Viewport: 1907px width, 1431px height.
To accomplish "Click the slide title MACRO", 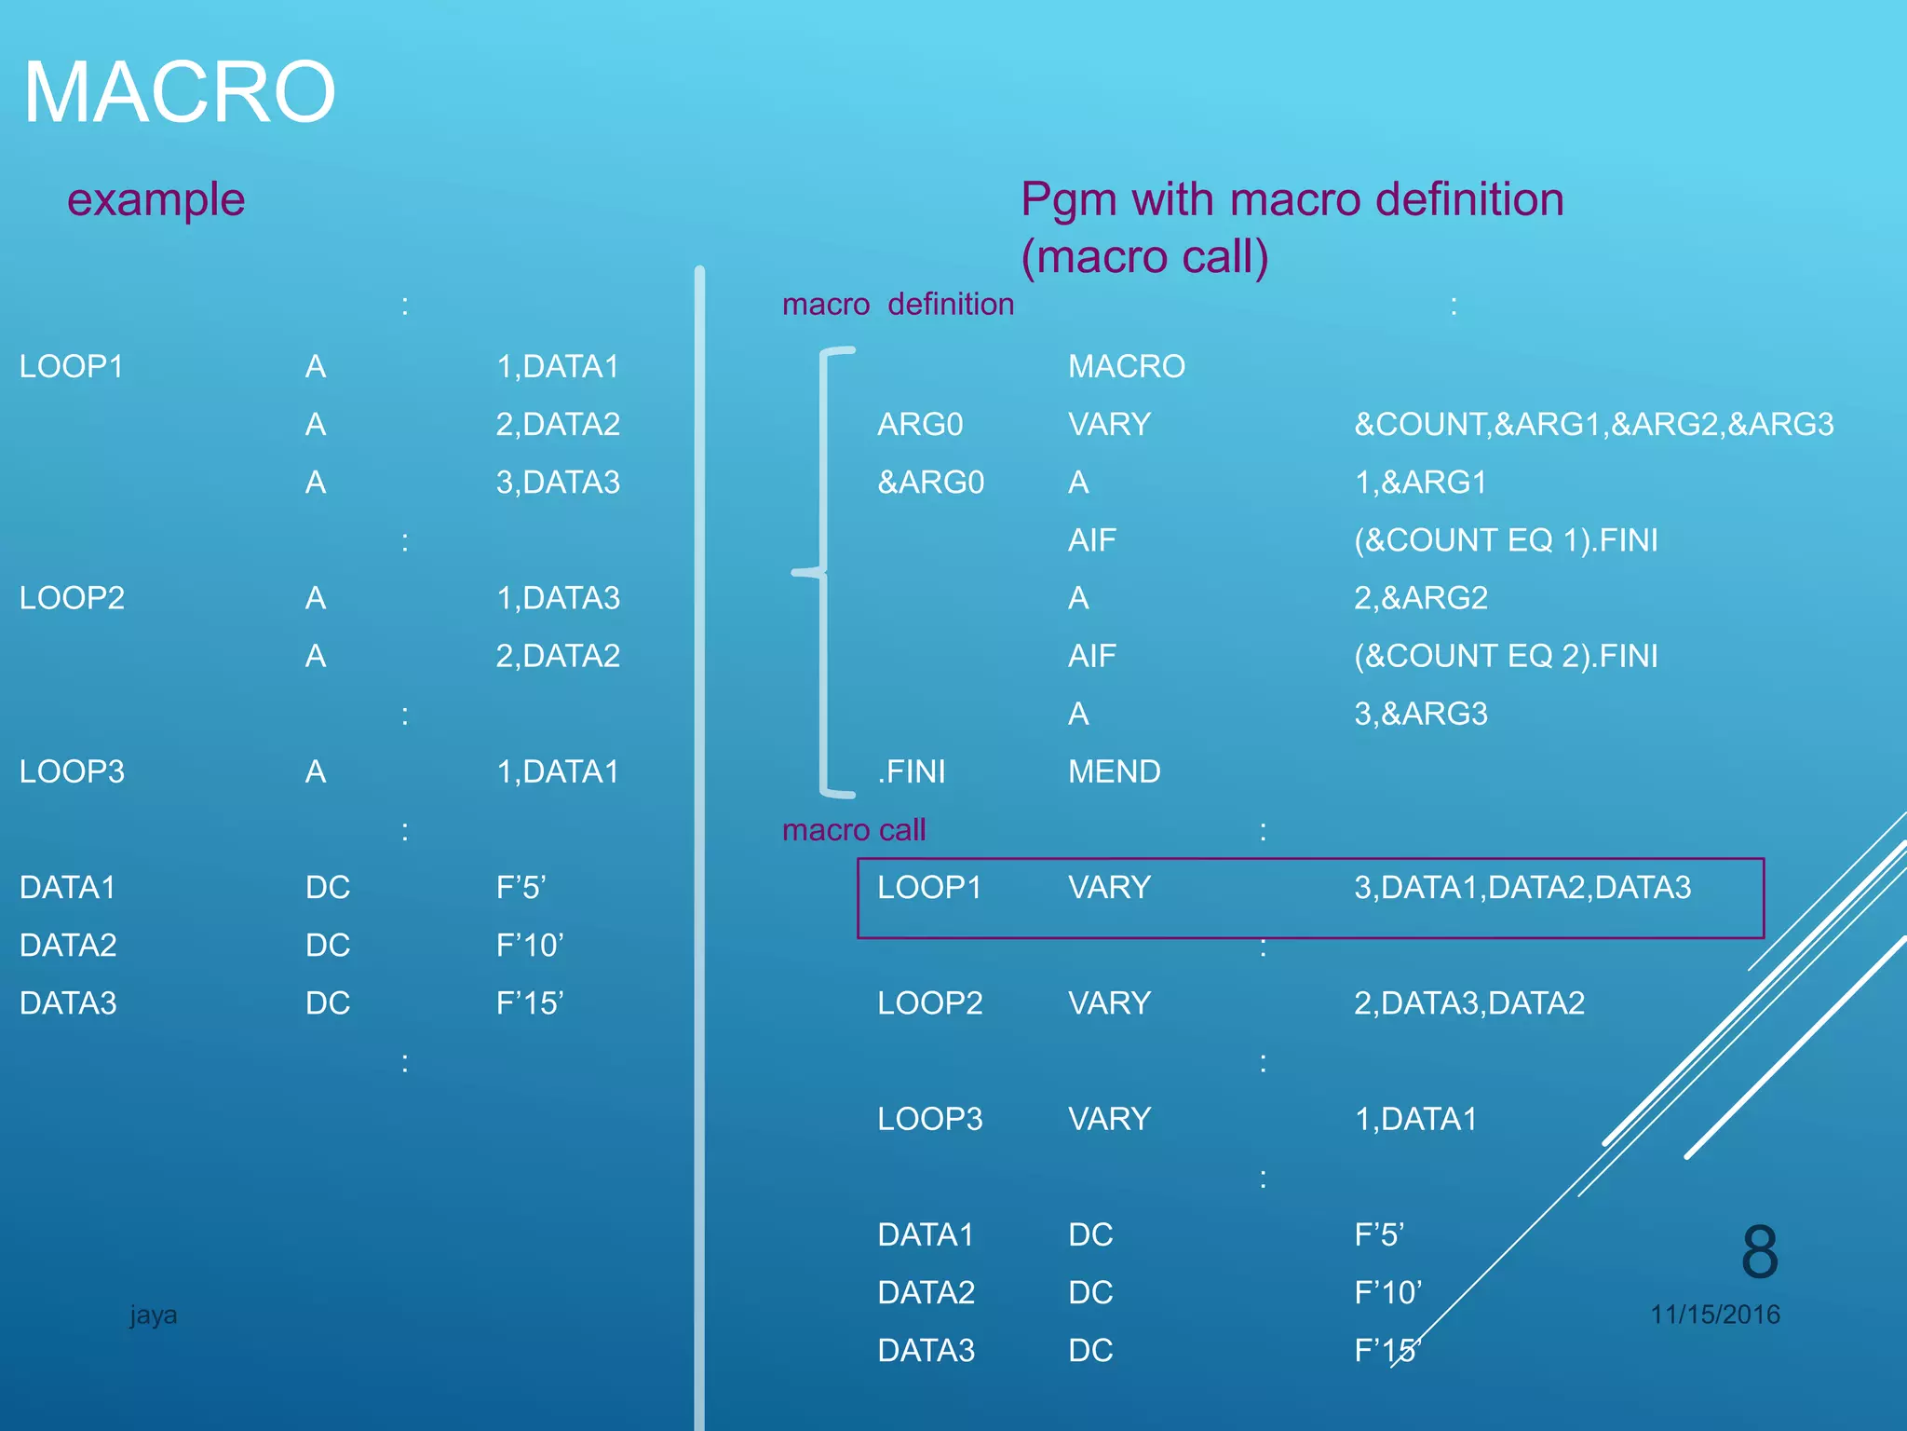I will click(x=179, y=92).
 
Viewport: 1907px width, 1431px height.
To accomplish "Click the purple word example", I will click(x=156, y=199).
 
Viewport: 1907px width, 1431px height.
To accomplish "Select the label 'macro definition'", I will click(x=898, y=305).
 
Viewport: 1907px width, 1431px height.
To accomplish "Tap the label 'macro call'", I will click(x=853, y=830).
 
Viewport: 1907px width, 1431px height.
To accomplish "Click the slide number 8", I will click(x=1759, y=1253).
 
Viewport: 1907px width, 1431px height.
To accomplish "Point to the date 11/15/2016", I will click(x=1714, y=1315).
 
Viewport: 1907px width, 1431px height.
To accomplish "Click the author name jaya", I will click(x=153, y=1315).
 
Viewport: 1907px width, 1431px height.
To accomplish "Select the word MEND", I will click(x=1114, y=771).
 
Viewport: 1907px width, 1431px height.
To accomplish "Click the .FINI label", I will click(x=911, y=771).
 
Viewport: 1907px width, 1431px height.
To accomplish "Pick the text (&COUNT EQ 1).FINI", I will click(x=1505, y=540).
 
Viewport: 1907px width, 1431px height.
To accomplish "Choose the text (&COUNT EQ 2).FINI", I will click(x=1505, y=656).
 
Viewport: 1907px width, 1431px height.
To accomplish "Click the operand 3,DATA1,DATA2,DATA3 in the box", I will click(x=1522, y=888).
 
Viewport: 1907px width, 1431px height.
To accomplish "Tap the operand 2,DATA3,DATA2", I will click(x=1468, y=1003).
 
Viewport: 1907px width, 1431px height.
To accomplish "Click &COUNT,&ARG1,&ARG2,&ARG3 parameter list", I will click(x=1593, y=425).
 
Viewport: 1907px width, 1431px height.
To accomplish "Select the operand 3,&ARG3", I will click(x=1420, y=714).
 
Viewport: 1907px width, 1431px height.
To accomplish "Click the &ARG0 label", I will click(x=930, y=483).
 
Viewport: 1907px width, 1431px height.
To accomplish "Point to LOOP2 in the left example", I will click(x=72, y=598).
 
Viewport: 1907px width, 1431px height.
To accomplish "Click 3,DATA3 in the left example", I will click(x=557, y=483).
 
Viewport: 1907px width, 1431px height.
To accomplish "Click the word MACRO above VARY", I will click(x=1126, y=367).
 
